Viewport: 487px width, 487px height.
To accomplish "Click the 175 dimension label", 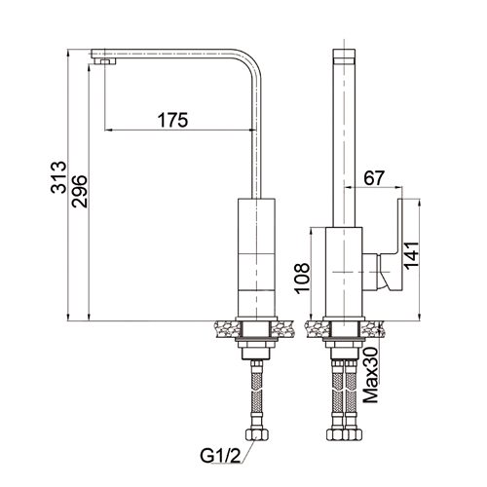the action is coord(172,120).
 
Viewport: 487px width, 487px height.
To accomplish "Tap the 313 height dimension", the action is coord(58,177).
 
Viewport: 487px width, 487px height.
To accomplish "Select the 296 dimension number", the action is coord(80,191).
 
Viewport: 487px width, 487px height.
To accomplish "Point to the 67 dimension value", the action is coord(374,178).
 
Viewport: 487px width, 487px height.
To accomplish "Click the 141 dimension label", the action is coord(411,255).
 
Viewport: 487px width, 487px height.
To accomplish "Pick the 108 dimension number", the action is coord(302,278).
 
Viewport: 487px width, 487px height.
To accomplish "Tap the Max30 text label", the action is coord(371,375).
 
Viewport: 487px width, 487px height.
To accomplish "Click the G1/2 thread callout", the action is coord(221,456).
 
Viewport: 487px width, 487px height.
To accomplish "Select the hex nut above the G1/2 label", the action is coord(256,434).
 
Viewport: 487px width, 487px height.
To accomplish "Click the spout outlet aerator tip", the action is coord(104,61).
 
